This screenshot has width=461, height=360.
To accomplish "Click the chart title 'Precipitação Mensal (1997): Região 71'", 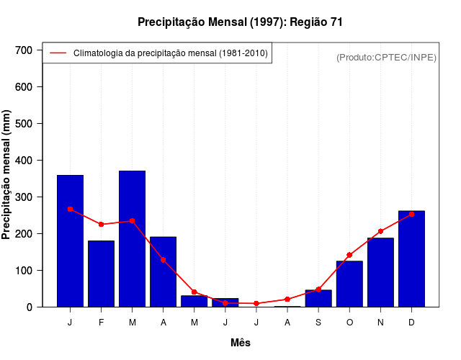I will (x=240, y=22).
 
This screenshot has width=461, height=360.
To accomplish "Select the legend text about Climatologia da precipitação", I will (x=171, y=53).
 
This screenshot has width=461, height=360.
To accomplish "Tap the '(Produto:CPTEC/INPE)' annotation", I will (x=386, y=57).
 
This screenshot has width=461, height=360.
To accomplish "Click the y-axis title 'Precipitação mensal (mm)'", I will (x=7, y=174).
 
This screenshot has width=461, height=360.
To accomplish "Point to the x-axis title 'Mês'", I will (x=241, y=343).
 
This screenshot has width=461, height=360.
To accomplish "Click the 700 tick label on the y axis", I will (x=24, y=50).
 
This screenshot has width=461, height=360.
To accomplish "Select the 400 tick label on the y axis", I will (x=24, y=161).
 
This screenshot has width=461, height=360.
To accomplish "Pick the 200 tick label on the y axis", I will (x=24, y=234).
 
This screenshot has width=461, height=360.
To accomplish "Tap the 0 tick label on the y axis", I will (x=30, y=307).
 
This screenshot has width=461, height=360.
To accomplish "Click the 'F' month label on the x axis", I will (x=101, y=323).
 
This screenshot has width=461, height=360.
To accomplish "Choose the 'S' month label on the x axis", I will (x=318, y=323).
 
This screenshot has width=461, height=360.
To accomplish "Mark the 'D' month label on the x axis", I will (x=411, y=323).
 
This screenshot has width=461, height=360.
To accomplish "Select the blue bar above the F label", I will (x=101, y=274).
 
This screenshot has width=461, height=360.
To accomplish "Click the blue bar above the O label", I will (x=349, y=284).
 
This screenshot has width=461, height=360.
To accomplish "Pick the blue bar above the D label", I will (x=411, y=259).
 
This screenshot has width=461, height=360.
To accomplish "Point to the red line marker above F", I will (x=101, y=225).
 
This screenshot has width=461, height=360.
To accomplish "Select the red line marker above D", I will (x=411, y=214).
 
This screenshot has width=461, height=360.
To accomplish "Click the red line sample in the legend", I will (x=58, y=53).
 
